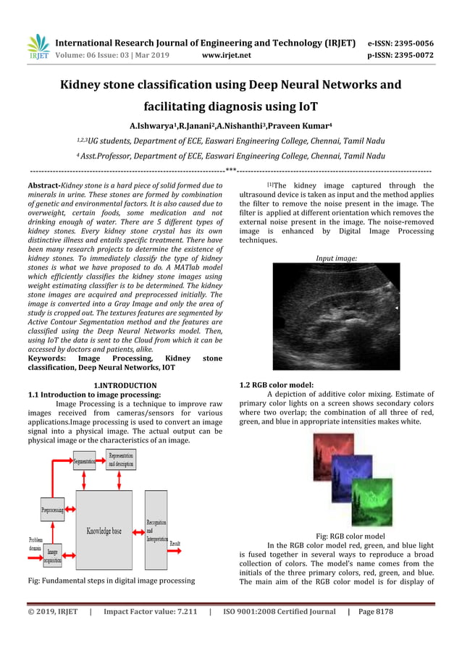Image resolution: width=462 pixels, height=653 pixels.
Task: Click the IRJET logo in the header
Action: tap(38, 46)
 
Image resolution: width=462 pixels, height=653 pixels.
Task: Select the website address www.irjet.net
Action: tap(227, 55)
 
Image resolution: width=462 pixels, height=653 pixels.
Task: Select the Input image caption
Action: tap(336, 258)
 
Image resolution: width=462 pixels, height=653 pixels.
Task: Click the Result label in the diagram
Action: tap(175, 543)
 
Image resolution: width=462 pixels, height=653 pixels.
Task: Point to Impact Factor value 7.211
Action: tap(151, 612)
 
